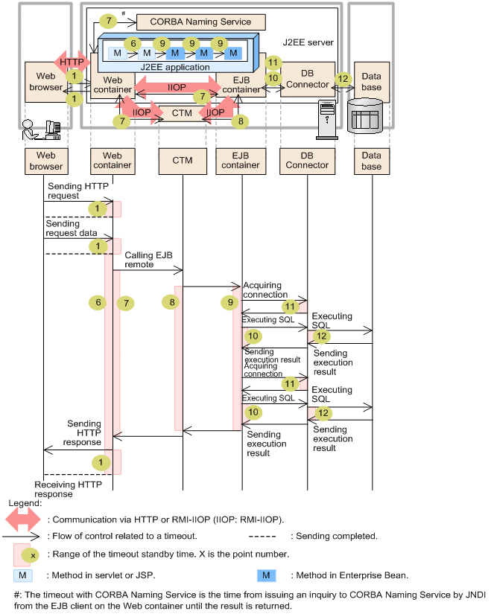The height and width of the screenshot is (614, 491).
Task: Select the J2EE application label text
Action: (175, 67)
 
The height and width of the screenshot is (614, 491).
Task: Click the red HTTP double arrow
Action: (72, 62)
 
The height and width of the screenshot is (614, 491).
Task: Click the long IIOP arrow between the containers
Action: (176, 88)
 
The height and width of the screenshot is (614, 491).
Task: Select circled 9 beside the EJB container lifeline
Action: (229, 303)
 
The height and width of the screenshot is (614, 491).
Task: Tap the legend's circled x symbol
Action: (31, 555)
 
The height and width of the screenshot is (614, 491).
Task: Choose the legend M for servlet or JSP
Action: (22, 575)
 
